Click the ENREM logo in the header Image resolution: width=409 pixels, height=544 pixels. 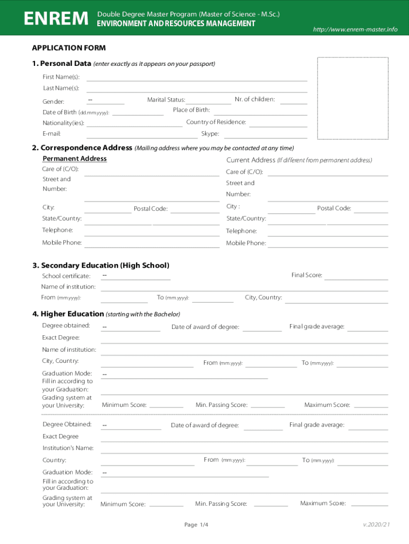coord(56,19)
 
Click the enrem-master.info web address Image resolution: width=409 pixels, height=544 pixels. coord(355,29)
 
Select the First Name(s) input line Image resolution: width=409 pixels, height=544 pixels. coord(197,77)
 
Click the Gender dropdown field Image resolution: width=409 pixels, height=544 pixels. coord(105,100)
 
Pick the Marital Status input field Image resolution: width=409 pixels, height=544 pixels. coord(209,100)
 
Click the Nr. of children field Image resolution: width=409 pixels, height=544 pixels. coord(293,100)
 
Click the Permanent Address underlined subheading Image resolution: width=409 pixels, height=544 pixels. coord(74,159)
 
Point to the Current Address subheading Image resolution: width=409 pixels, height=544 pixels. coord(251,160)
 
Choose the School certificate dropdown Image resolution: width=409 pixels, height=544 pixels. coord(135,276)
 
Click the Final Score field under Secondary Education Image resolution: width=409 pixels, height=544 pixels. coord(356,276)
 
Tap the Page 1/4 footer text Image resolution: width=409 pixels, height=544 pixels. coord(196,525)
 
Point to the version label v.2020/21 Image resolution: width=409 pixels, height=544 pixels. coord(377,525)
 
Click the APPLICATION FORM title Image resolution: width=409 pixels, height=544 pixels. coord(69,48)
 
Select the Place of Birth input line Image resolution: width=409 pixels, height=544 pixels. coord(260,110)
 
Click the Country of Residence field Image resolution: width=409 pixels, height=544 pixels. coord(278,123)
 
